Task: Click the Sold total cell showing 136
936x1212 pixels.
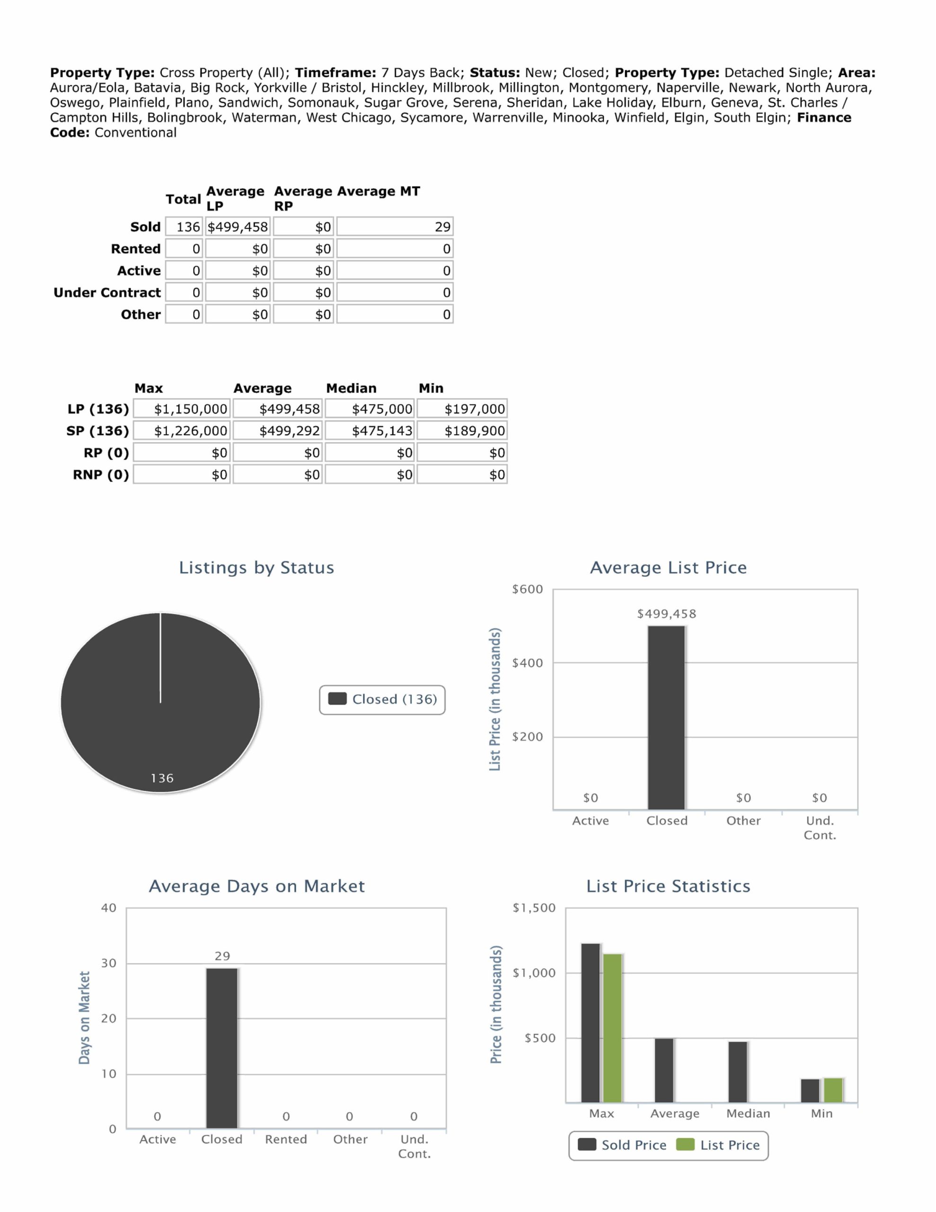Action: pyautogui.click(x=184, y=227)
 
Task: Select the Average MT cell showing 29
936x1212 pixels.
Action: pyautogui.click(x=395, y=227)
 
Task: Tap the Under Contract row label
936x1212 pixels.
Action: pyautogui.click(x=107, y=293)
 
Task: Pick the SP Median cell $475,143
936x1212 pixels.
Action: pyautogui.click(x=370, y=431)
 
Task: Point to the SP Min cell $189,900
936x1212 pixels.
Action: pyautogui.click(x=462, y=431)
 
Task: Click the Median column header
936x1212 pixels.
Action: pyautogui.click(x=351, y=388)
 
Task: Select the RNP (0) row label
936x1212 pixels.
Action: pyautogui.click(x=101, y=474)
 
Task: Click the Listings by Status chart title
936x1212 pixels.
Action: pyautogui.click(x=256, y=568)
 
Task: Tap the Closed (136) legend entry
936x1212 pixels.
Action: pyautogui.click(x=382, y=699)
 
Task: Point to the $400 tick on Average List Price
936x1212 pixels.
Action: pyautogui.click(x=527, y=663)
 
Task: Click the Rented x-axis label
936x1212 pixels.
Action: pyautogui.click(x=286, y=1139)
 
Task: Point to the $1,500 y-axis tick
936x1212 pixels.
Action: pyautogui.click(x=534, y=908)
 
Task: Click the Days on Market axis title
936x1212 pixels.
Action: pyautogui.click(x=84, y=1018)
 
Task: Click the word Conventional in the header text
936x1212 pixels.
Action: pyautogui.click(x=135, y=133)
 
